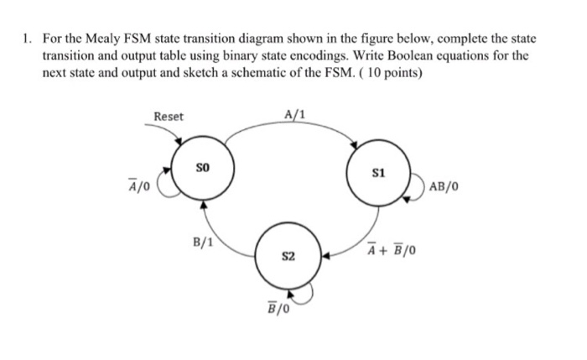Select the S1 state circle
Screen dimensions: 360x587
[379, 175]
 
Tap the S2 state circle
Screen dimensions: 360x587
[288, 253]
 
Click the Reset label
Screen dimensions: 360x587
[168, 117]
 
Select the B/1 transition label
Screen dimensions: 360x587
[203, 243]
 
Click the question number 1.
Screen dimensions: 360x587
[28, 39]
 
